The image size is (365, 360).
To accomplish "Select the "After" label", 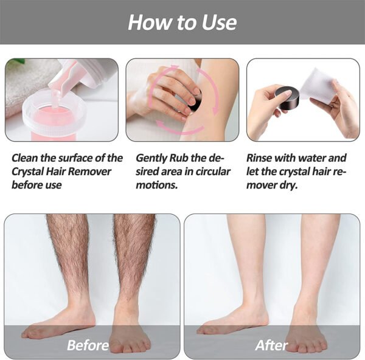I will coord(272,345).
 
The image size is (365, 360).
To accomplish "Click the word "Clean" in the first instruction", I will coord(27,158).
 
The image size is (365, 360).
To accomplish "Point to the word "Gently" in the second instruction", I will coord(154,158).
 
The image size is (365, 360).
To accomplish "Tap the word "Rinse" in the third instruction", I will coord(262,158).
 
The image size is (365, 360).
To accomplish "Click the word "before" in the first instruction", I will coord(27,185).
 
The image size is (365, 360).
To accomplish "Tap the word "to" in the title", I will coord(186,22).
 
